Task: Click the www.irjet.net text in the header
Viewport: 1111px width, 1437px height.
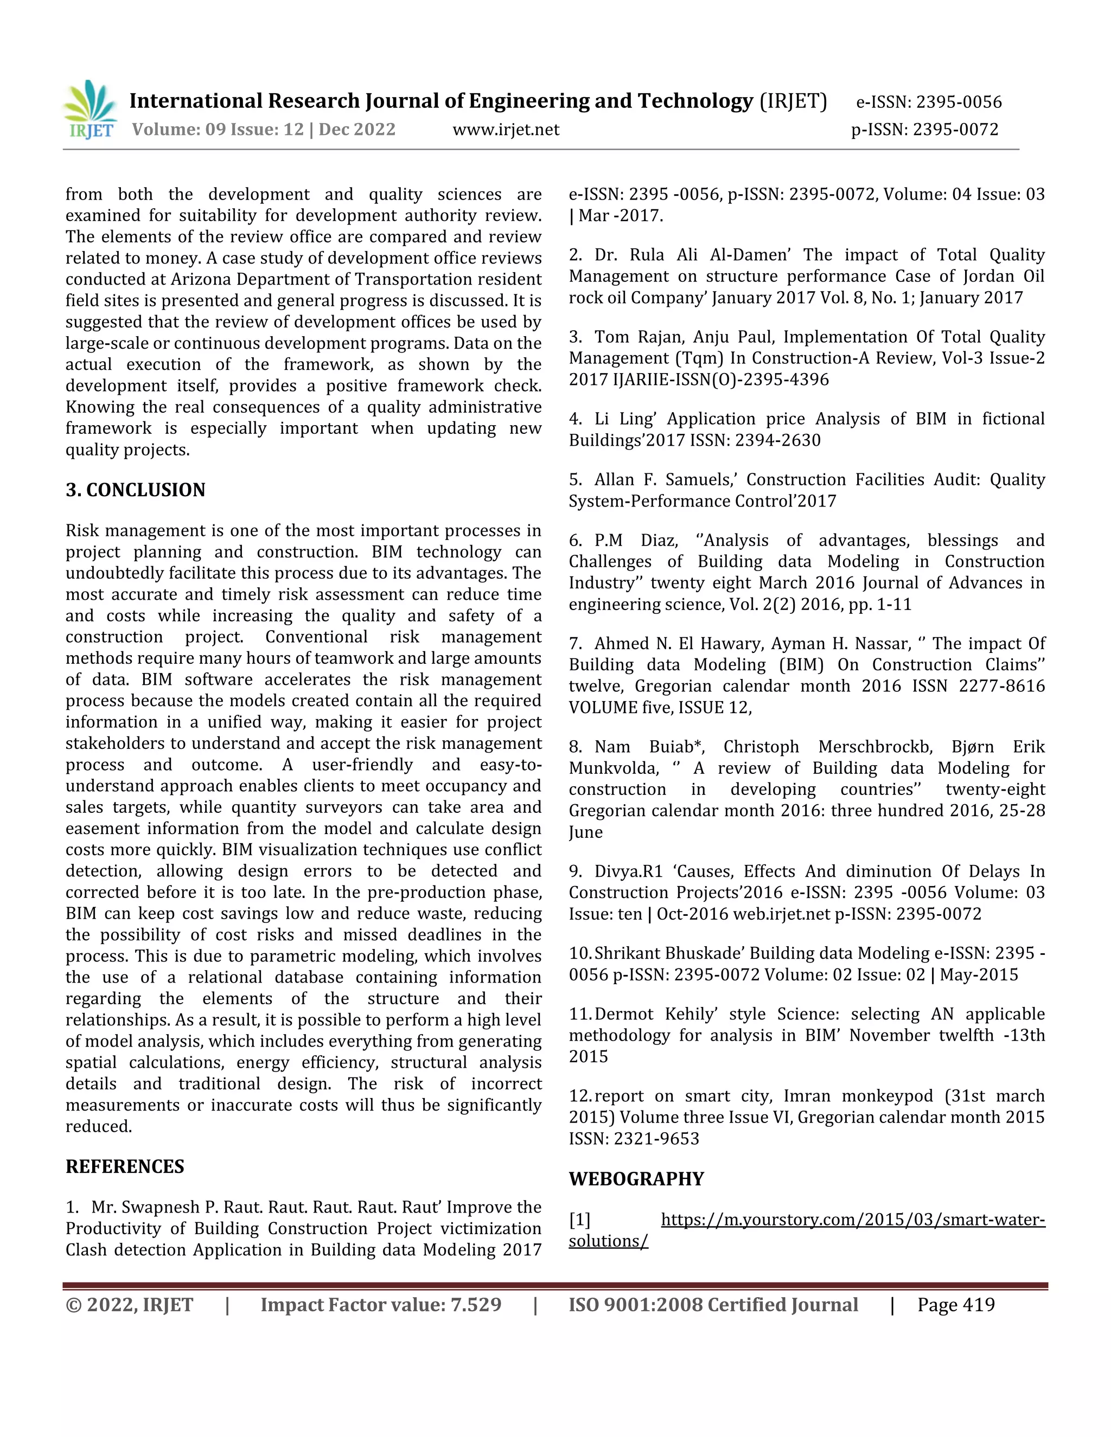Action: point(506,130)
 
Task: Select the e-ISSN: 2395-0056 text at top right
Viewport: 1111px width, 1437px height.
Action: point(929,102)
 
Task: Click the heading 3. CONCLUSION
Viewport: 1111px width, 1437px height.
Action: point(136,490)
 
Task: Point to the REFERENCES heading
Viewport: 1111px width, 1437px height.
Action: point(124,1166)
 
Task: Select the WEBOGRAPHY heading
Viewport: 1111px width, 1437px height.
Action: point(636,1178)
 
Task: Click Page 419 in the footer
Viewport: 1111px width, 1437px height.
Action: point(956,1305)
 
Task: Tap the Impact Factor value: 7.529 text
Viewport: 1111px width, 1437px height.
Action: point(380,1305)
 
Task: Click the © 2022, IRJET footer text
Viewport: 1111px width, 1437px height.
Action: point(130,1305)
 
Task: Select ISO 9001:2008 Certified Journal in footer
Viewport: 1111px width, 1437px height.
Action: point(713,1305)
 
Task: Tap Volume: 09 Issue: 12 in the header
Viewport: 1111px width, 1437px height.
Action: point(217,130)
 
